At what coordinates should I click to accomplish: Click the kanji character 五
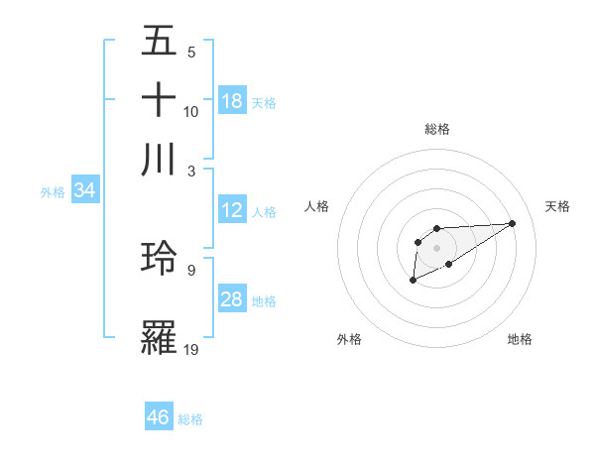(159, 41)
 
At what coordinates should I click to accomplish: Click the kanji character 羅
(159, 337)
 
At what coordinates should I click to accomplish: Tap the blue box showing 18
(232, 101)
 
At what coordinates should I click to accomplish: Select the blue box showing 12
(232, 210)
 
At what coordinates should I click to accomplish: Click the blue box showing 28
(232, 299)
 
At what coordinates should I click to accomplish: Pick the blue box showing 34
(84, 190)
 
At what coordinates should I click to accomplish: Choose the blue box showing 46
(159, 416)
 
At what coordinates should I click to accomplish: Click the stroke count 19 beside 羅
(191, 348)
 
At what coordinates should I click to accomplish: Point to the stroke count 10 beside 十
(191, 111)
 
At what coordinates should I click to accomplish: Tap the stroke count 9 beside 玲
(191, 269)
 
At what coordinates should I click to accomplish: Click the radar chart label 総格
(436, 129)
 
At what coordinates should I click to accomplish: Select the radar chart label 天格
(557, 206)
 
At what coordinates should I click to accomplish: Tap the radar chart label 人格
(317, 206)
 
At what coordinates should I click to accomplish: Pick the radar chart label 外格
(349, 339)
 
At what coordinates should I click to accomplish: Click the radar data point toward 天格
(513, 223)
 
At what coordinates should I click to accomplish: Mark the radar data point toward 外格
(413, 281)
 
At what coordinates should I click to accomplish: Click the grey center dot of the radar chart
(436, 247)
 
